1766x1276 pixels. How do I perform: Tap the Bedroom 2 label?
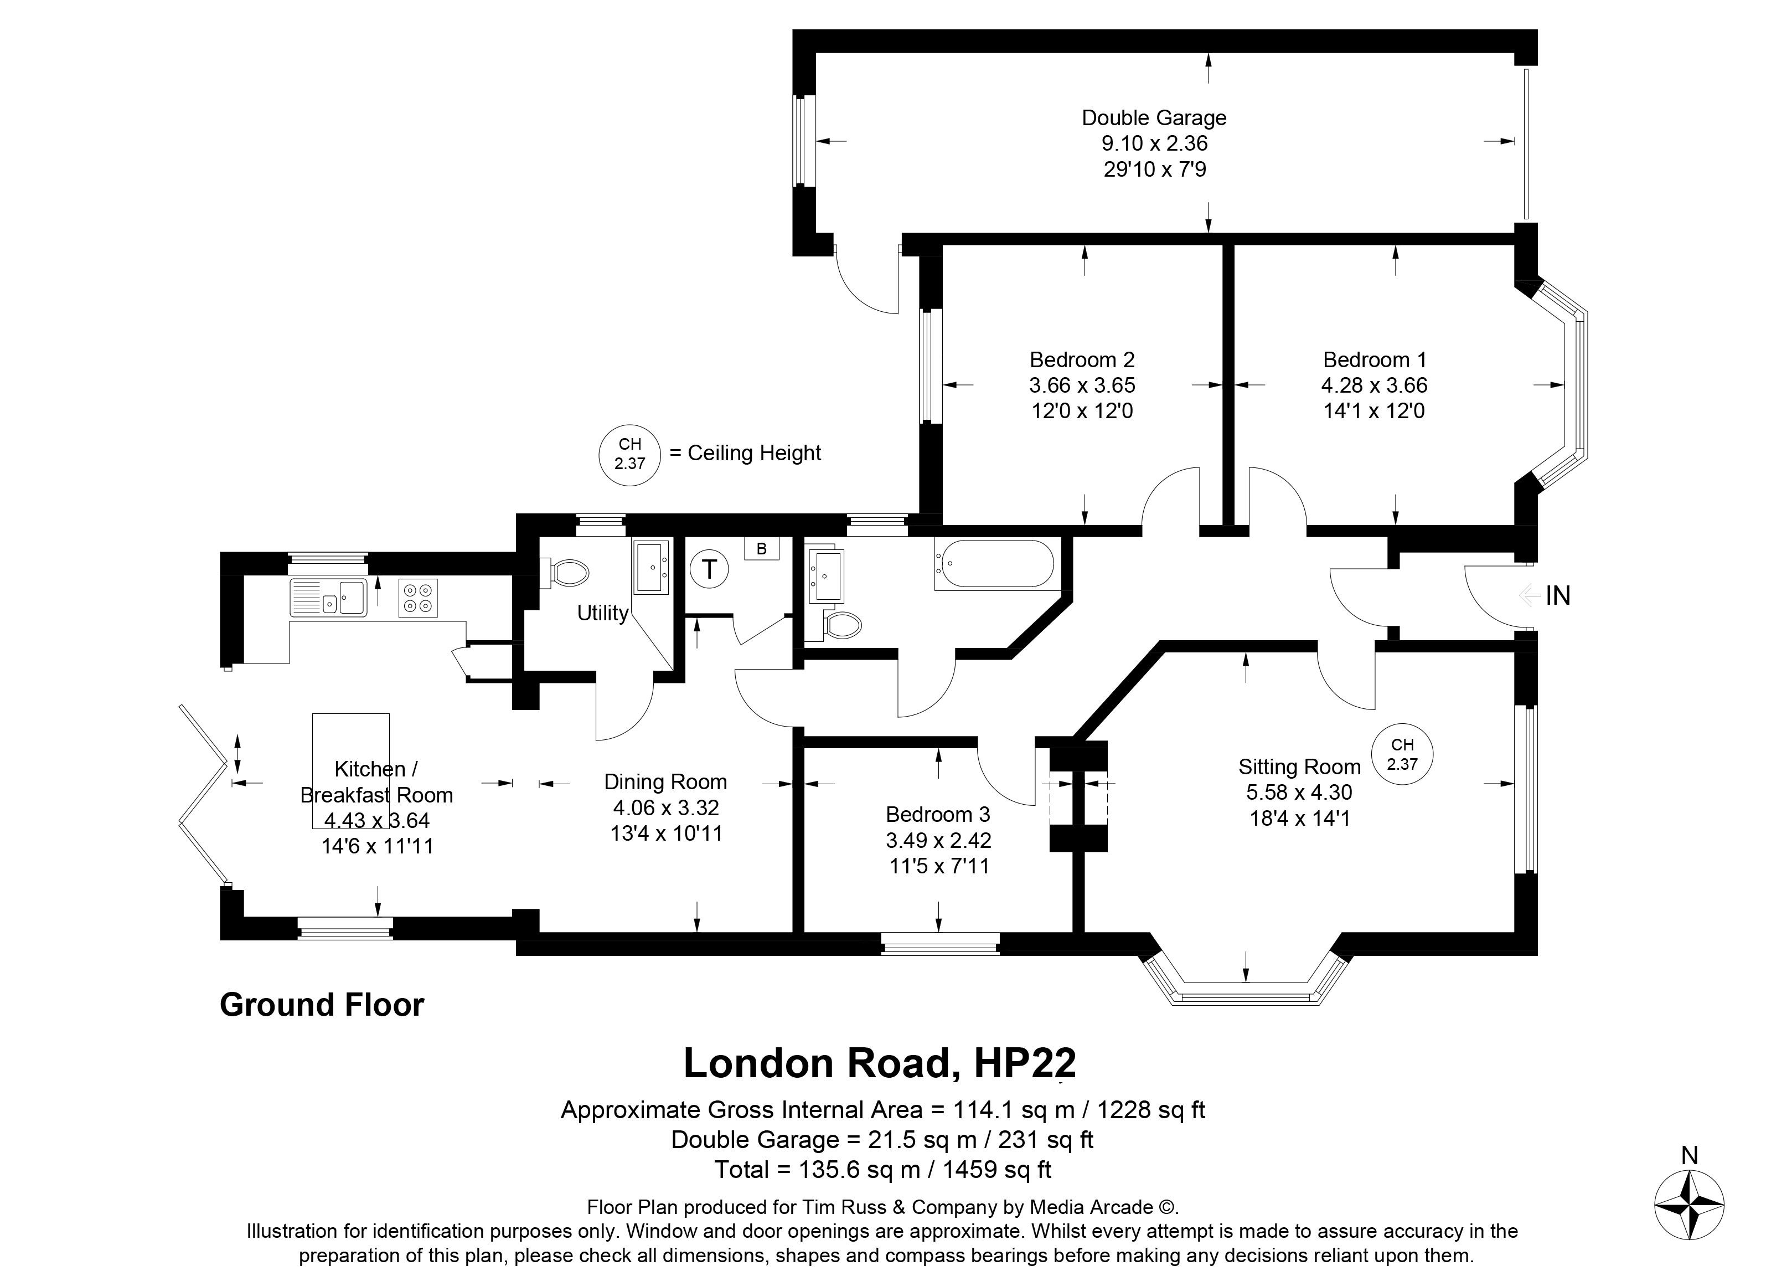(x=1082, y=360)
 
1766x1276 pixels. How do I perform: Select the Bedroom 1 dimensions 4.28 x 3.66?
(x=1375, y=385)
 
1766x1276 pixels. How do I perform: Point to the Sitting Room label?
(x=1299, y=767)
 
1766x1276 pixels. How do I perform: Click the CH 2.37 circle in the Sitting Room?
(x=1402, y=754)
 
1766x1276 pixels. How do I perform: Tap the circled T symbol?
(x=709, y=569)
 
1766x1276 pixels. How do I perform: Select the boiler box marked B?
(x=762, y=548)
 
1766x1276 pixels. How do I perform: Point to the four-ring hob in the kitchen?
(x=418, y=598)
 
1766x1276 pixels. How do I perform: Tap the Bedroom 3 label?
(x=938, y=815)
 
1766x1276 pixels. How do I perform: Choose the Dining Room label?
(x=666, y=782)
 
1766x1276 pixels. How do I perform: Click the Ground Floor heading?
(x=322, y=1005)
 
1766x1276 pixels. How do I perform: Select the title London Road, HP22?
(x=880, y=1063)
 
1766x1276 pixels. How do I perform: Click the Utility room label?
(x=603, y=613)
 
